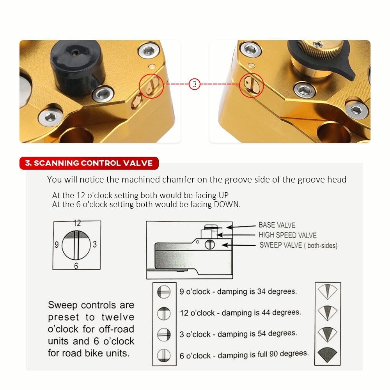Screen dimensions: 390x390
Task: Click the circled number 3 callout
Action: click(x=195, y=84)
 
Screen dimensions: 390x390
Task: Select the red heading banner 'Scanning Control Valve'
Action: click(x=89, y=163)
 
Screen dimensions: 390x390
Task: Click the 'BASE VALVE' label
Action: click(x=277, y=225)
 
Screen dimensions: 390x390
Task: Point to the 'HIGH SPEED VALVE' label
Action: click(x=287, y=235)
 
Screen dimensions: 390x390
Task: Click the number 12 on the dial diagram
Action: click(x=77, y=223)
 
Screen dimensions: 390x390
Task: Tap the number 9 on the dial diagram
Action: click(x=57, y=245)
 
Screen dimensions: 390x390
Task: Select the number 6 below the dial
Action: click(x=76, y=266)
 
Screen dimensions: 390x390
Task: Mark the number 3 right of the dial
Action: click(x=95, y=245)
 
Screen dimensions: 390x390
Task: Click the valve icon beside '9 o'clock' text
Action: click(x=164, y=292)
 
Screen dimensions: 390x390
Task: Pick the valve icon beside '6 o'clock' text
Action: click(x=164, y=356)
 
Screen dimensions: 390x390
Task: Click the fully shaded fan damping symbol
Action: click(x=327, y=354)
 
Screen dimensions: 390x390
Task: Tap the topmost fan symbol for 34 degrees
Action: click(x=327, y=291)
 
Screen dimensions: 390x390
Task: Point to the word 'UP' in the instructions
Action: click(x=223, y=195)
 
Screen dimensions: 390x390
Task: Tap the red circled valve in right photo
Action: click(x=252, y=83)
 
